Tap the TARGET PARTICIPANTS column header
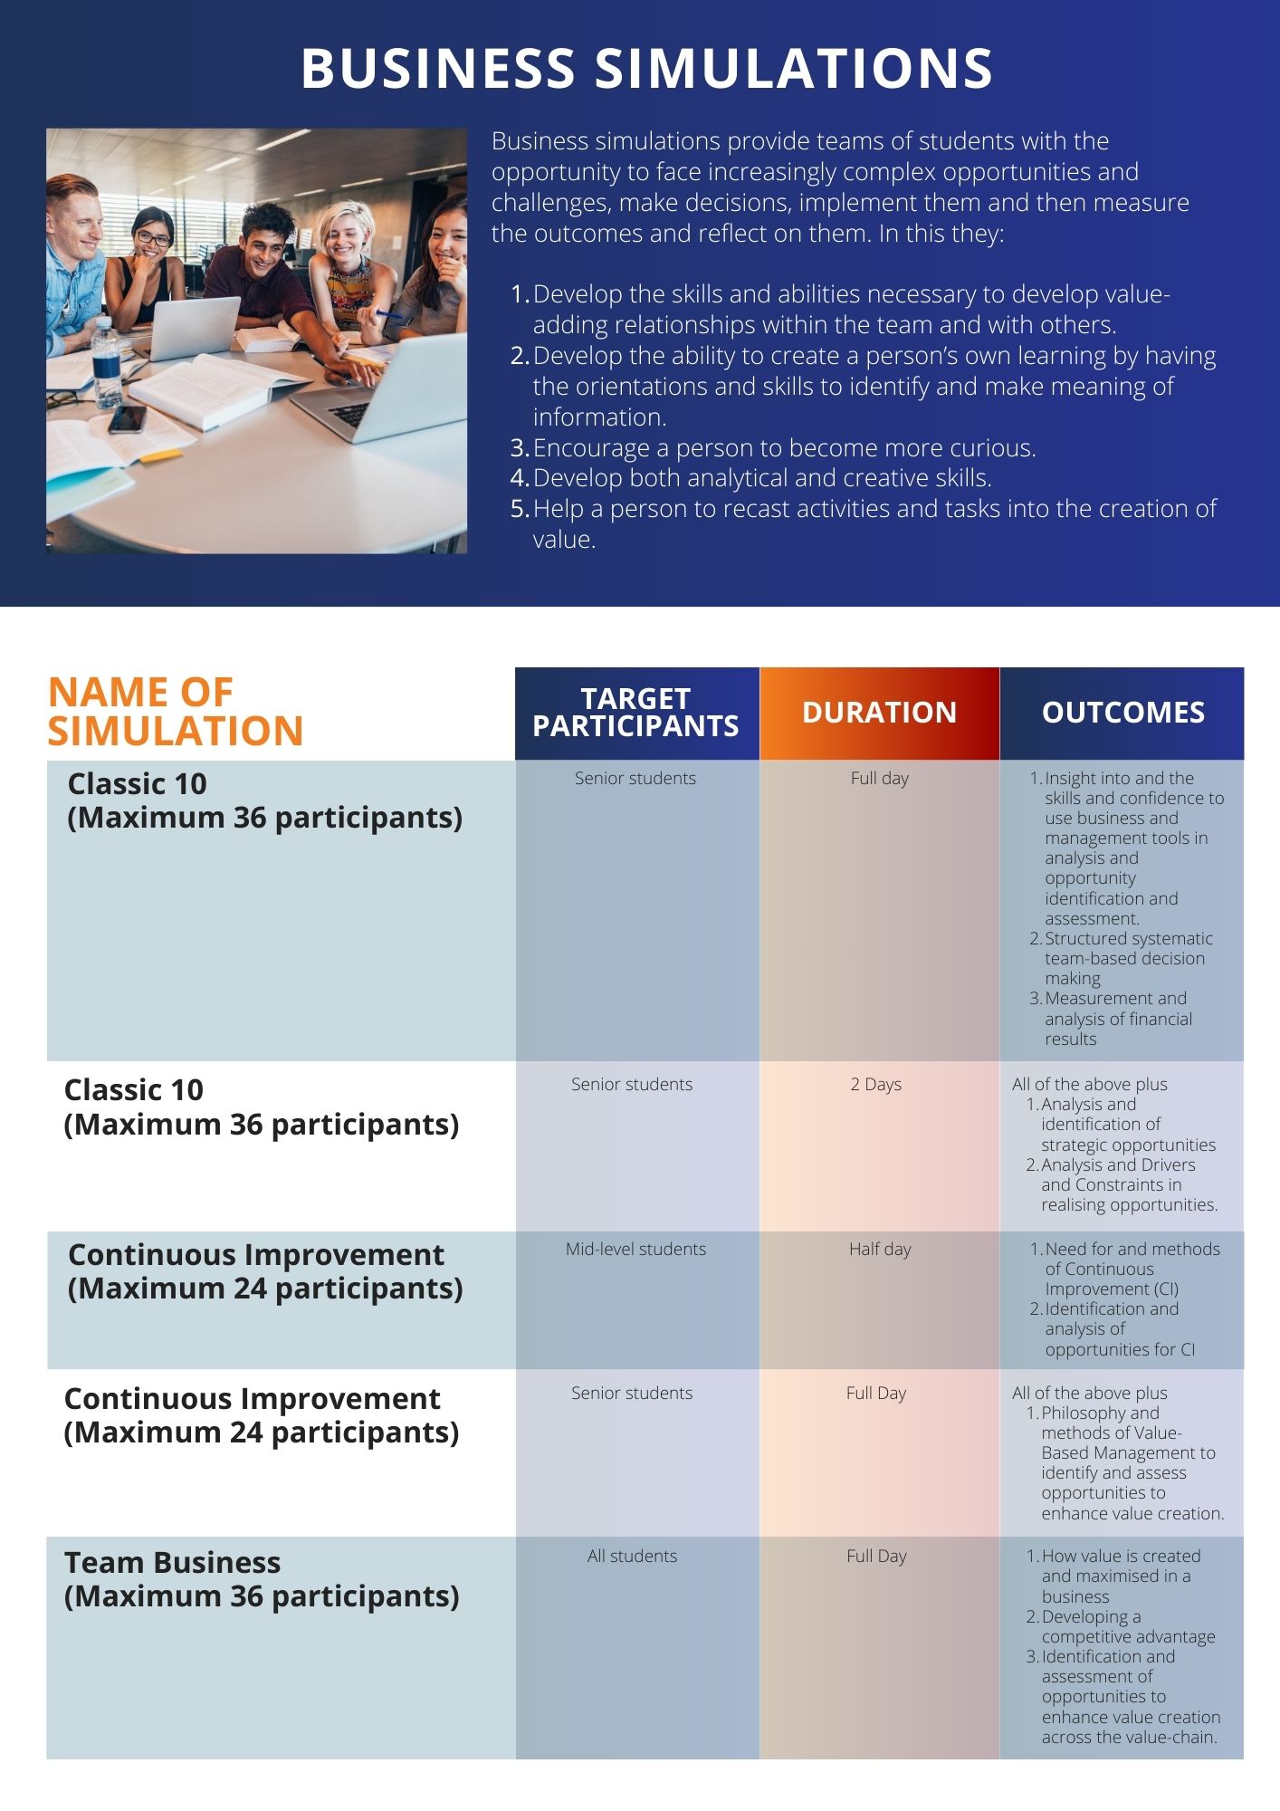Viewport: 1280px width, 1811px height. click(635, 713)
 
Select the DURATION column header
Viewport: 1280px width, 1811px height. click(879, 713)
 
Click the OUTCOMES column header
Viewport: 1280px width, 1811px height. click(1122, 713)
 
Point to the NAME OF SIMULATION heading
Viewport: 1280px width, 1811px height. click(175, 712)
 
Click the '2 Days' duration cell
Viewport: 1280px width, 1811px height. click(875, 1084)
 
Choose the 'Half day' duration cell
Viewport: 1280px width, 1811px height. click(880, 1249)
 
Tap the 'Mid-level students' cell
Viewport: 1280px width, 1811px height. click(635, 1249)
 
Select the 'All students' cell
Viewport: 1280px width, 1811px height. click(632, 1556)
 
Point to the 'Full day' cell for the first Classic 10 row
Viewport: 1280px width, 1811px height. click(879, 778)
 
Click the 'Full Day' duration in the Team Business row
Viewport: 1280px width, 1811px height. click(875, 1556)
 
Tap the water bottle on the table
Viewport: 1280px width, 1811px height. click(106, 362)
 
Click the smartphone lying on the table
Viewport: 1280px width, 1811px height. click(127, 418)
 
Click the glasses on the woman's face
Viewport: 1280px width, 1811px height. click(153, 239)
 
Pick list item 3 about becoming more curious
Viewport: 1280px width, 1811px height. click(784, 448)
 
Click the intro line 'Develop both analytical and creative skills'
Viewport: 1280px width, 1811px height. click(762, 478)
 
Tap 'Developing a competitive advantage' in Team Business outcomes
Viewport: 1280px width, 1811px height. click(1127, 1626)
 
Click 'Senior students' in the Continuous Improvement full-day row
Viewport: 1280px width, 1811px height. click(632, 1393)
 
